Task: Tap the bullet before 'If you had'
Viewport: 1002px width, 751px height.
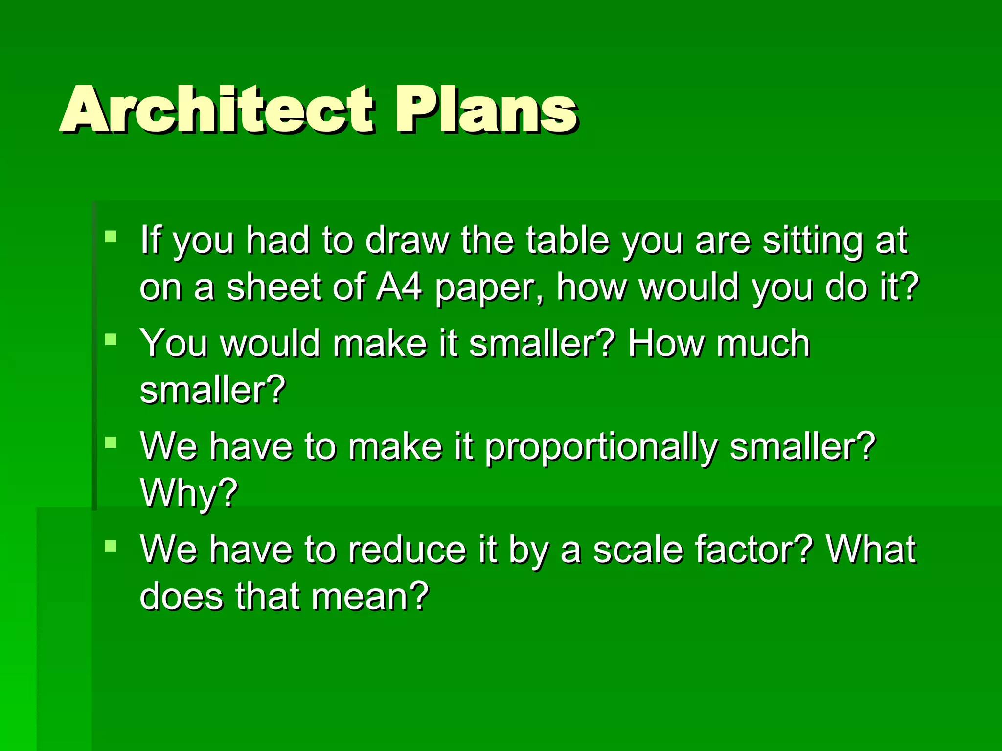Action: pos(111,237)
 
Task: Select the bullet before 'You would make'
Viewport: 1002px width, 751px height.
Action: pos(111,339)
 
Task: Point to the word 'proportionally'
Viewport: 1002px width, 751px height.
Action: pos(601,448)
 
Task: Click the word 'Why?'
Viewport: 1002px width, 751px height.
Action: pos(189,493)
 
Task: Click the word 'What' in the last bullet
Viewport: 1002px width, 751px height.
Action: pos(871,550)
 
